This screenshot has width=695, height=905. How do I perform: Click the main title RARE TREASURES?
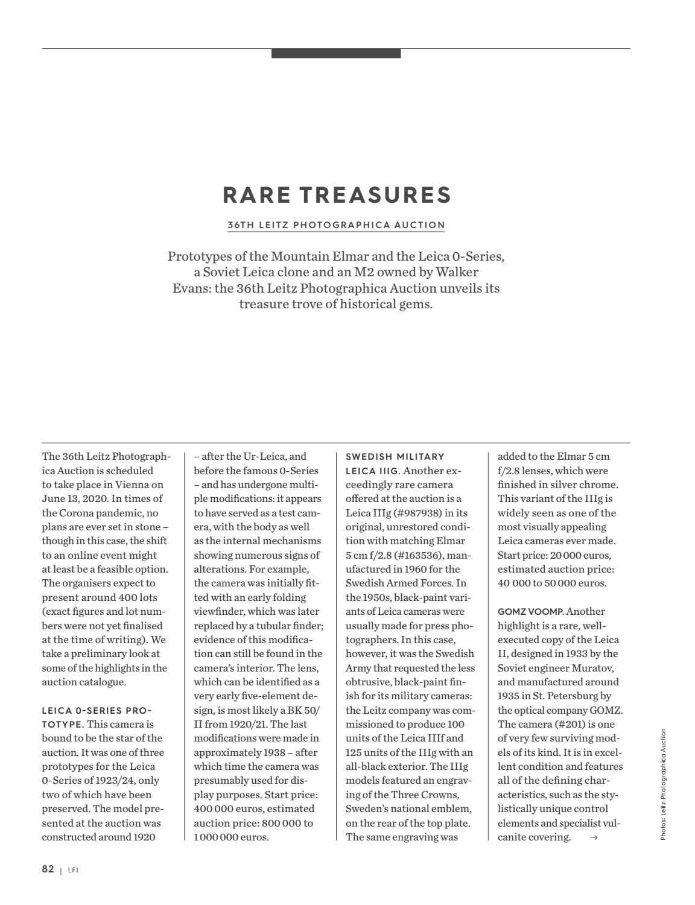[x=337, y=195]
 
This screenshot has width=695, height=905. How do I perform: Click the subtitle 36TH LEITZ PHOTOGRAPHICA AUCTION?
[x=336, y=225]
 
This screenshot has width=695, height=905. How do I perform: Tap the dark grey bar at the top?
[x=336, y=53]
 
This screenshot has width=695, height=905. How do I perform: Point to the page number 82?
[x=48, y=869]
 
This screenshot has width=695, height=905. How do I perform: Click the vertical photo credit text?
[x=662, y=784]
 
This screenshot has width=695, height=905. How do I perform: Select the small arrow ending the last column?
[x=594, y=837]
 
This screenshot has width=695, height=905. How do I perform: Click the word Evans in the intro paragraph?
[x=191, y=288]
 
